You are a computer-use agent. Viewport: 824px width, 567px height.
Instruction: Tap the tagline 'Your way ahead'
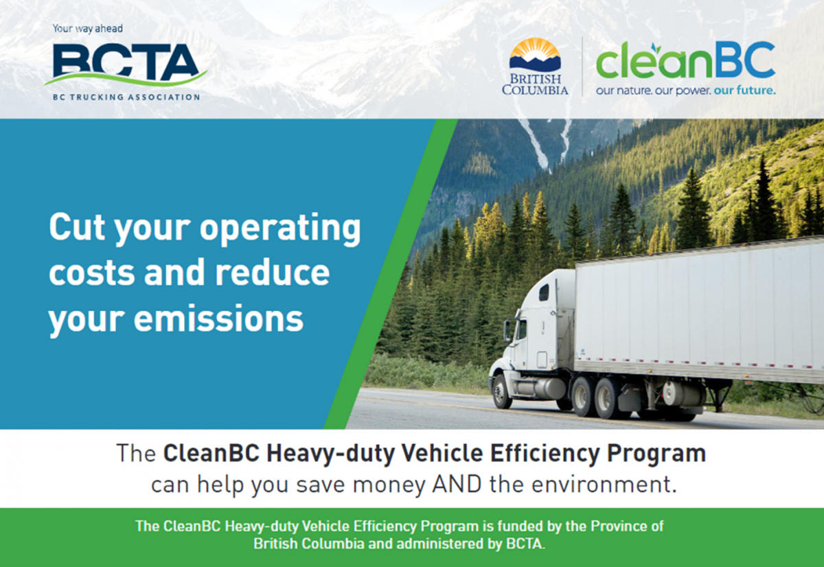[x=88, y=29]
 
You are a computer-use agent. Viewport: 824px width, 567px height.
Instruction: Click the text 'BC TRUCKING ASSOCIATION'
[x=126, y=97]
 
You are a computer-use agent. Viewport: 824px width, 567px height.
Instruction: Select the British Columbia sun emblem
[x=535, y=54]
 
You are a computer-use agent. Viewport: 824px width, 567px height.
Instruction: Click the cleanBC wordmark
[x=685, y=60]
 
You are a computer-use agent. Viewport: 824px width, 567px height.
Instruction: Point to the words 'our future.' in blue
[x=744, y=90]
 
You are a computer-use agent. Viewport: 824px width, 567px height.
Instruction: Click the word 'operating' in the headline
[x=280, y=229]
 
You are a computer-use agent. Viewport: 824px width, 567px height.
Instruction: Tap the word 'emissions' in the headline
[x=218, y=319]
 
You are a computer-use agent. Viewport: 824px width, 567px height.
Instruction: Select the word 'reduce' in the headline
[x=272, y=272]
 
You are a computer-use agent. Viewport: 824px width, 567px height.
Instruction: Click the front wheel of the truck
[x=502, y=391]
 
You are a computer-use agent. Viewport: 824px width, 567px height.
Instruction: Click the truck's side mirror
[x=508, y=330]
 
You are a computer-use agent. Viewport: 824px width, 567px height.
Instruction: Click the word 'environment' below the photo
[x=601, y=484]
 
